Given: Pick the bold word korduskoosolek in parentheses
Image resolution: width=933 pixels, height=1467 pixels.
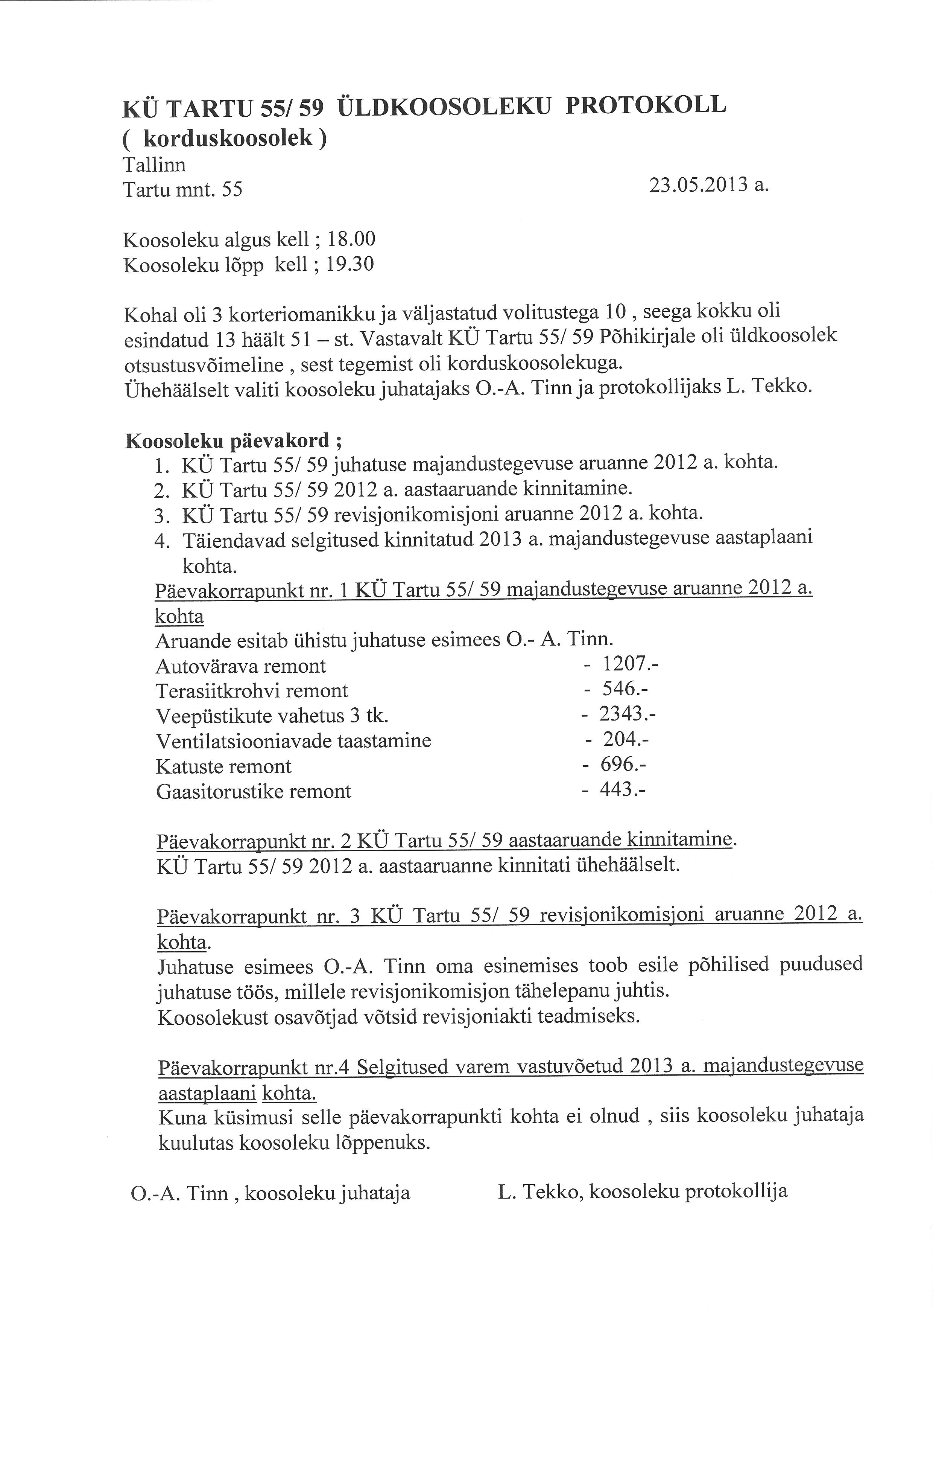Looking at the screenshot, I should [228, 139].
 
